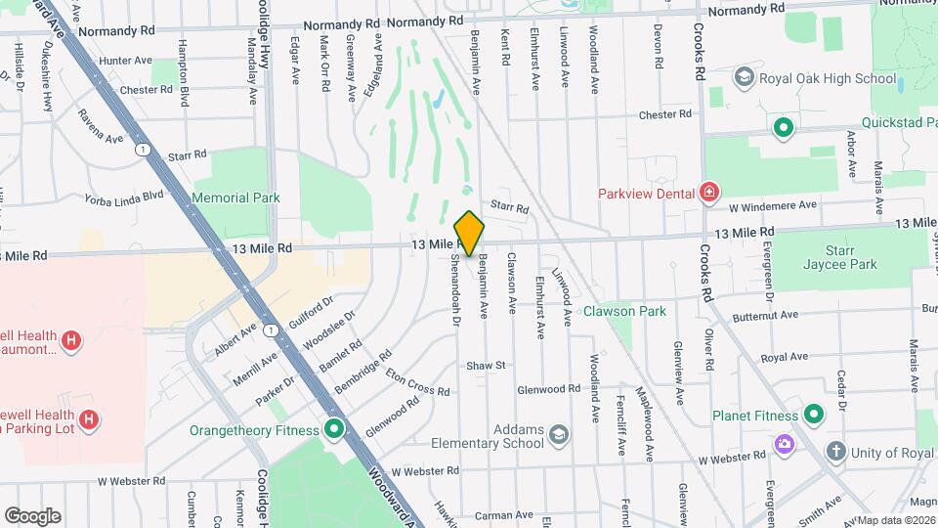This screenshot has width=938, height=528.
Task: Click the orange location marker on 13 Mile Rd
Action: point(470,233)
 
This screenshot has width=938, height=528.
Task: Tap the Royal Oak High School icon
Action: point(744,77)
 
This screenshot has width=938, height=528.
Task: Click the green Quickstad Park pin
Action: point(783,127)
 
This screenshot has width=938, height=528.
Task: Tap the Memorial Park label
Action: point(235,198)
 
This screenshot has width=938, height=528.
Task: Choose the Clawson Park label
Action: point(624,312)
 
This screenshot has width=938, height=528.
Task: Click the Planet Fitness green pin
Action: point(812,416)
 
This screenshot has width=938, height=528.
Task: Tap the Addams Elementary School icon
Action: point(558,434)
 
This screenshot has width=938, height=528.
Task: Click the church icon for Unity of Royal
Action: point(835,451)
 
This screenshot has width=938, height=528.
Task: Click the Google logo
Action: point(32,515)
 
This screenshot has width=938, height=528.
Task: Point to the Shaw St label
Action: point(485,365)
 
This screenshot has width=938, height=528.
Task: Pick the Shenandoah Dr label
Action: point(455,290)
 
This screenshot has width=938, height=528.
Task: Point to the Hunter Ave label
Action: point(125,61)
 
